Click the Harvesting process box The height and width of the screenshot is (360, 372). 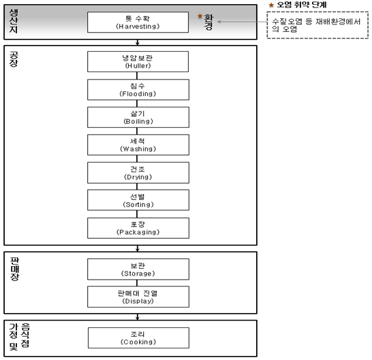click(138, 22)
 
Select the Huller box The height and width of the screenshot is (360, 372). click(138, 62)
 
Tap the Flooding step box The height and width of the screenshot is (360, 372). click(138, 90)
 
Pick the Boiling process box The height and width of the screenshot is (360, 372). click(138, 117)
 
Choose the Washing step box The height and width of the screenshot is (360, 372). click(138, 145)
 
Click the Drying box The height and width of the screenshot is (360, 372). click(138, 173)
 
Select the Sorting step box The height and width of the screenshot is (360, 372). click(138, 200)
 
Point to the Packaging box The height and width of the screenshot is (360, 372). click(138, 228)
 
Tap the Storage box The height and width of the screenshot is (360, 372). click(138, 269)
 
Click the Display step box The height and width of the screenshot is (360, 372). click(138, 297)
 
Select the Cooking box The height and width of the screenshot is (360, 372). click(138, 338)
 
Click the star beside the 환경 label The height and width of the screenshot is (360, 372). click(200, 16)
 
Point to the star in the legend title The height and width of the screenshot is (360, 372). click(271, 5)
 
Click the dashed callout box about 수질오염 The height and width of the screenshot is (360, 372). click(317, 25)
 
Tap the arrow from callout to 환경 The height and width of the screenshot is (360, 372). click(242, 22)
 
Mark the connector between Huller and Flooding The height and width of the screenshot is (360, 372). click(137, 76)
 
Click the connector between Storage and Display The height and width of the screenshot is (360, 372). click(137, 283)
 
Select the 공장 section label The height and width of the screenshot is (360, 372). click(14, 59)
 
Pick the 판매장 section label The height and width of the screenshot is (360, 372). click(14, 269)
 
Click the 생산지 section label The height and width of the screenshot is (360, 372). click(14, 21)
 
